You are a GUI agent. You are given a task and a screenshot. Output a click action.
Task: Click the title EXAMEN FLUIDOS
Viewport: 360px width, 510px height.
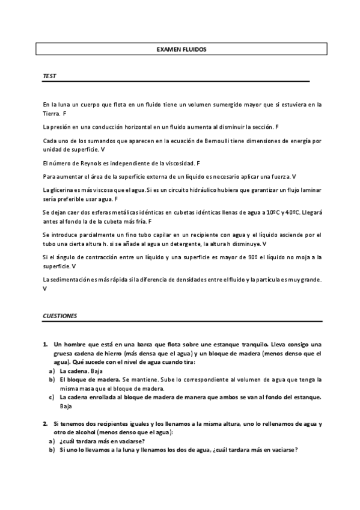coord(181,49)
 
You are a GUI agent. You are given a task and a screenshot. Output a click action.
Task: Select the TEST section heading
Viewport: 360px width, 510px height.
coord(49,76)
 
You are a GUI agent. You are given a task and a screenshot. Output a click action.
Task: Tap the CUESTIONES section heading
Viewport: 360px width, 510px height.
coord(60,316)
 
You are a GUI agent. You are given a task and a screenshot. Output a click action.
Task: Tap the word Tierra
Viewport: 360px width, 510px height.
coord(51,113)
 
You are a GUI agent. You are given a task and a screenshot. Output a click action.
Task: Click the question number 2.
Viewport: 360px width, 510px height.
coord(45,424)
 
